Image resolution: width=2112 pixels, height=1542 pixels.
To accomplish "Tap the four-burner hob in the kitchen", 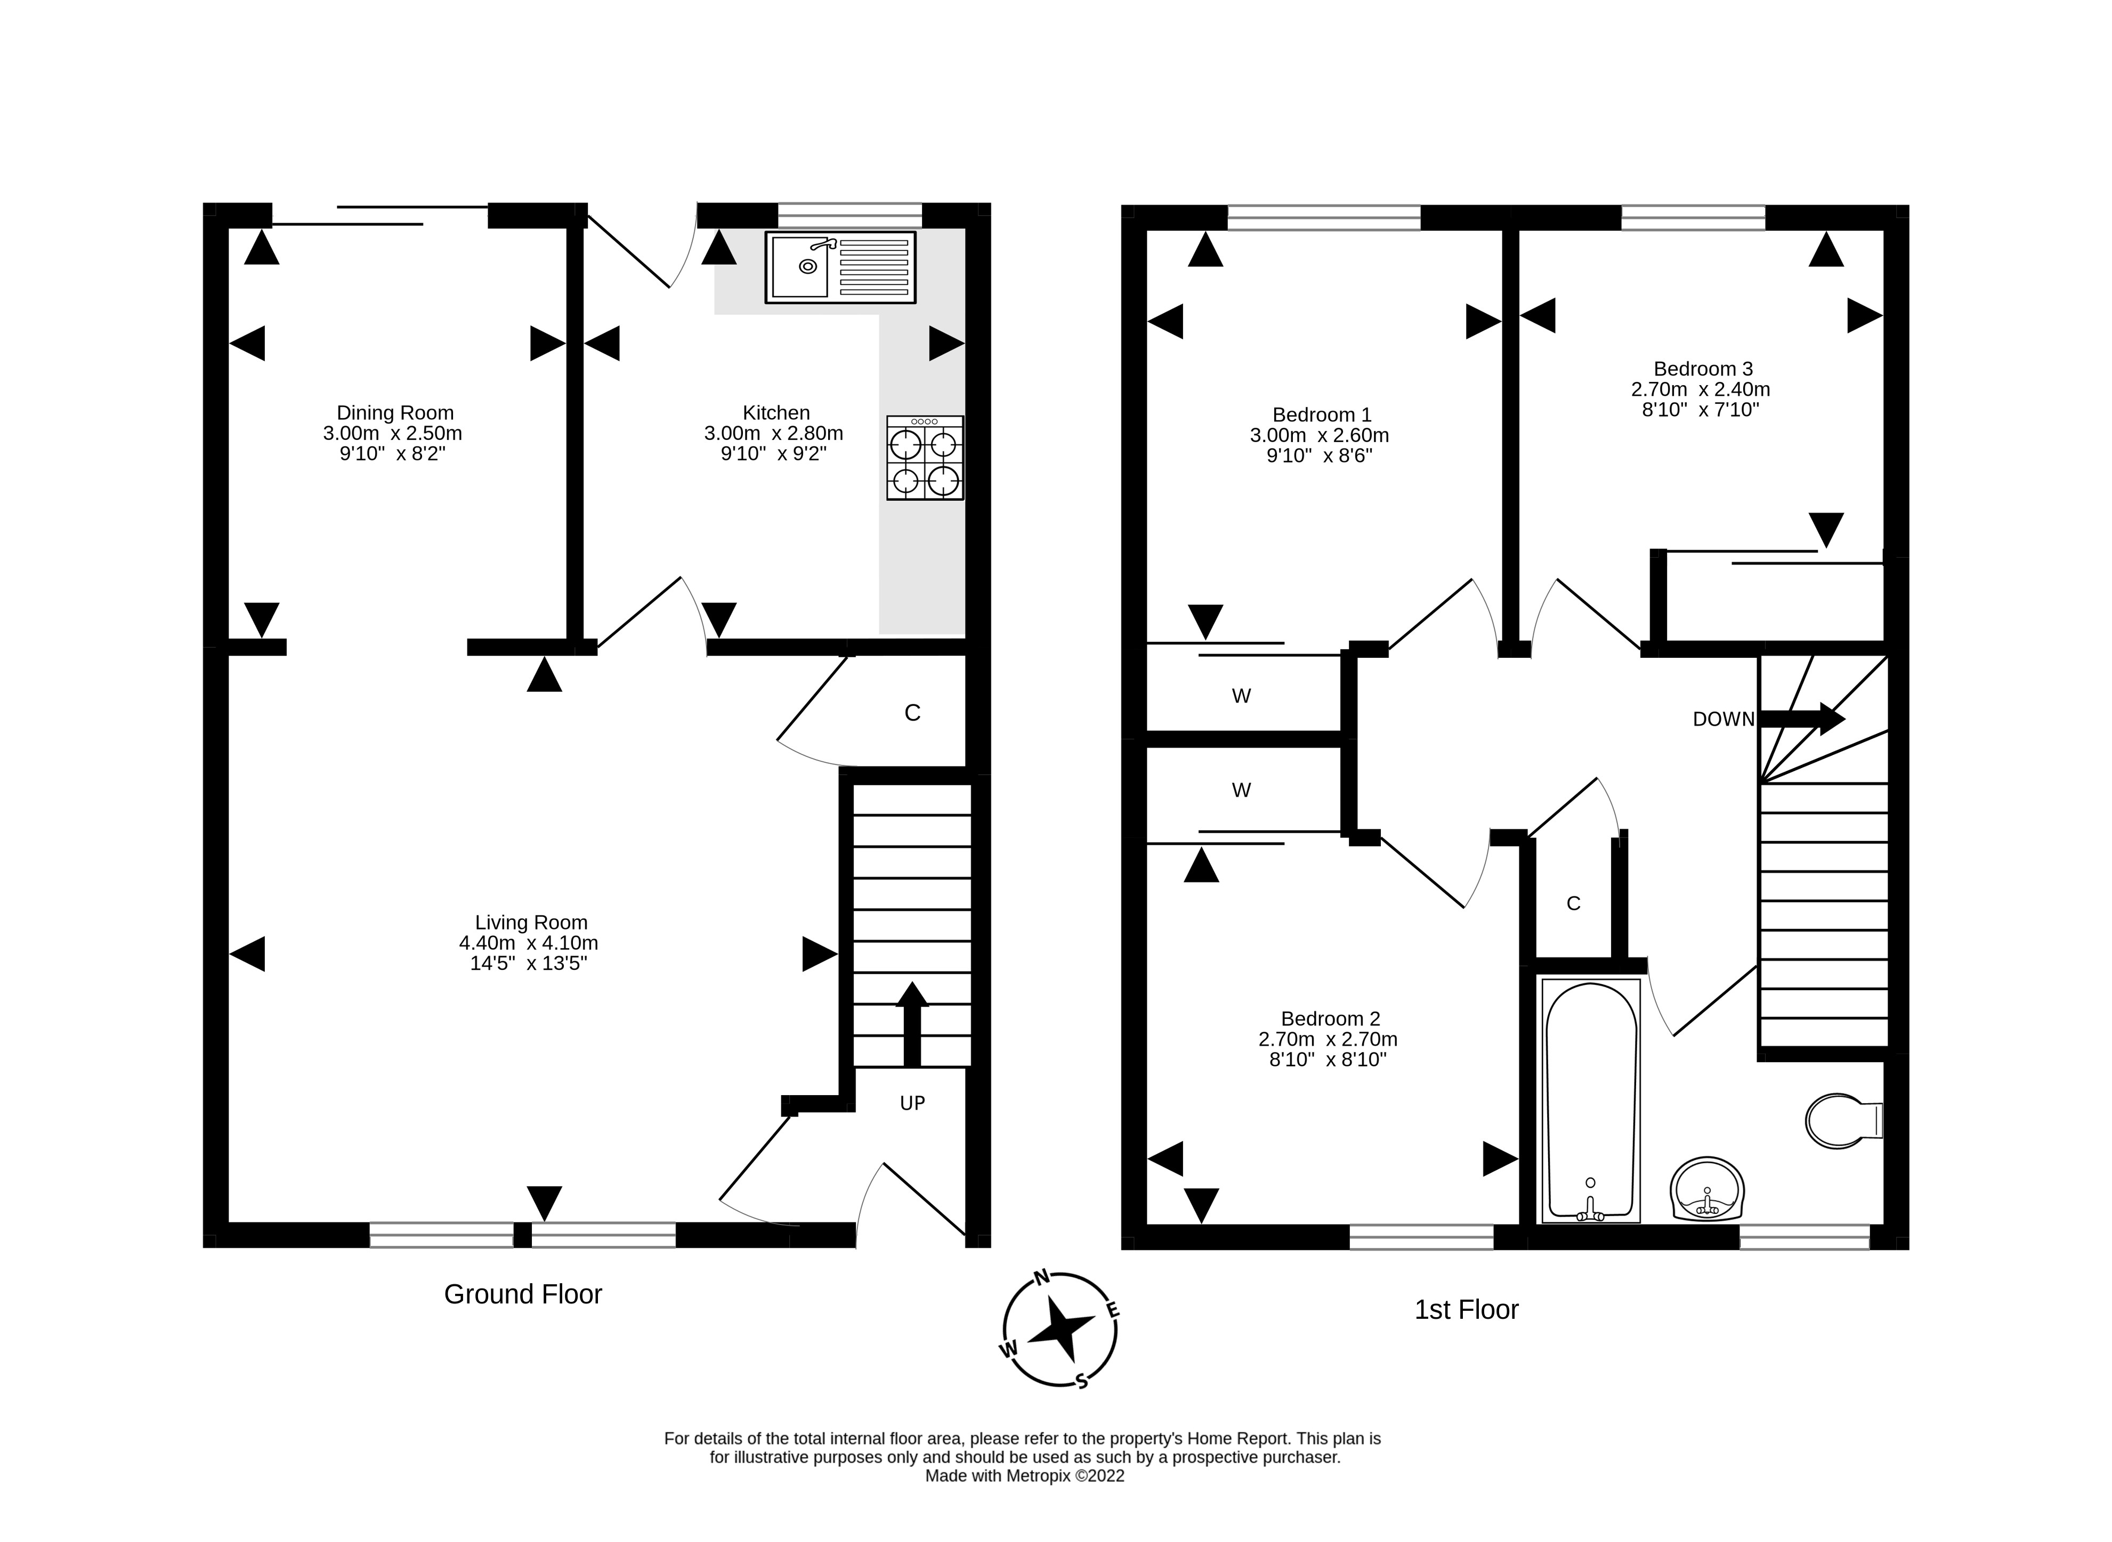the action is click(x=924, y=458).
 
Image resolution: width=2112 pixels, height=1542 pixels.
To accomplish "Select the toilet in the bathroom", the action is click(x=1843, y=1121).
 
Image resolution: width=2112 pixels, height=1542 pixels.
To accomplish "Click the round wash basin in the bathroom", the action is click(x=1707, y=1190).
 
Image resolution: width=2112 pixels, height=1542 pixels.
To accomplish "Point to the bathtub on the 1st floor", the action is click(x=1591, y=1099).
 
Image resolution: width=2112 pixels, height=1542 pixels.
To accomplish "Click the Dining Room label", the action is click(x=395, y=413).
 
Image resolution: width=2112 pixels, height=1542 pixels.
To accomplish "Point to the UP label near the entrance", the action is click(x=912, y=1103).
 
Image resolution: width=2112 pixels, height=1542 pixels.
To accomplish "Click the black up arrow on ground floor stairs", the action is click(x=912, y=1024).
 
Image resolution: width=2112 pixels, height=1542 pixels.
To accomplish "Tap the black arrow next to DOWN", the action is click(x=1802, y=719).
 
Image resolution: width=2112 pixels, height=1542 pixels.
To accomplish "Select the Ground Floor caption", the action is click(x=523, y=1294).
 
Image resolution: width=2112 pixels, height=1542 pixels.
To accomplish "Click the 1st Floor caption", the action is click(x=1467, y=1310).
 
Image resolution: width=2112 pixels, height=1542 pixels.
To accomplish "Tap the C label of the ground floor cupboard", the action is click(x=912, y=713).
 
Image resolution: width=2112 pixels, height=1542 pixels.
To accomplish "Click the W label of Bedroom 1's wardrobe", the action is click(x=1241, y=696).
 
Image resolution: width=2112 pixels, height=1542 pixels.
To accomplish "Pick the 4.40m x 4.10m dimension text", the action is click(x=529, y=943).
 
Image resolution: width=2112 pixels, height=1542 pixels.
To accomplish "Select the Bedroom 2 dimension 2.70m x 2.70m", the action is click(x=1328, y=1039).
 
